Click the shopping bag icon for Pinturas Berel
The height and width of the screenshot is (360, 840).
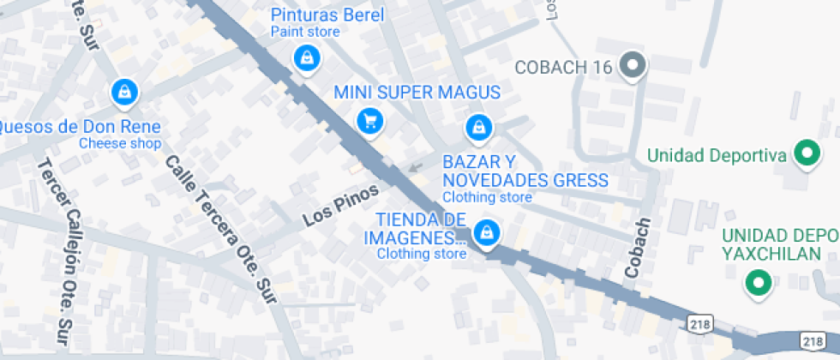coord(305,59)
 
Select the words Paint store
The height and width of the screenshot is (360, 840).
coord(305,33)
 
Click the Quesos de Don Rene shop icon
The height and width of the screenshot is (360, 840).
coord(125,91)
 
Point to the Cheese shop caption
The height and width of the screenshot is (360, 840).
coord(120,144)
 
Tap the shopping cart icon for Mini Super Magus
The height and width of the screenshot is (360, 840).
coord(370,120)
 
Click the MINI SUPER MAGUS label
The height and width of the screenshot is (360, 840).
coord(417,92)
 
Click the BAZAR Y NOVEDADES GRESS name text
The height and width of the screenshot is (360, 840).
coord(525,171)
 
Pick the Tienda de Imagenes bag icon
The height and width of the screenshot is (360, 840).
coord(487,231)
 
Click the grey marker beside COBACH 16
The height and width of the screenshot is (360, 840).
coord(633,66)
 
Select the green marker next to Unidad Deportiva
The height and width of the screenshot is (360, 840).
coord(805,154)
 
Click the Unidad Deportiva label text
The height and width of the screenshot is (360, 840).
coord(717,155)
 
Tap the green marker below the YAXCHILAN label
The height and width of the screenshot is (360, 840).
coord(758,282)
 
